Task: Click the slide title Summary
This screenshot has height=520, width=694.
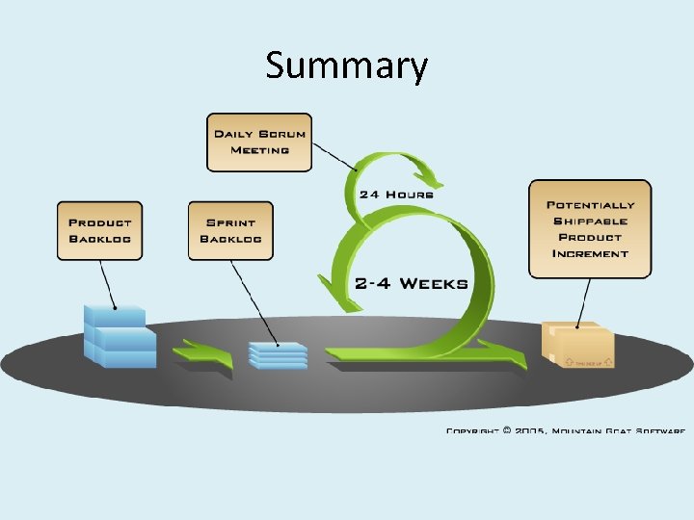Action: pyautogui.click(x=346, y=66)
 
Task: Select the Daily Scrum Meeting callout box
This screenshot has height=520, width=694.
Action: pyautogui.click(x=259, y=143)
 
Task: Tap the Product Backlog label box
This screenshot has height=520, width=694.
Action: pyautogui.click(x=99, y=230)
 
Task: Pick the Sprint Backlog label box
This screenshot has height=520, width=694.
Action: pyautogui.click(x=230, y=230)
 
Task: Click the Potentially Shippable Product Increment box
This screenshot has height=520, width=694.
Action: pyautogui.click(x=590, y=229)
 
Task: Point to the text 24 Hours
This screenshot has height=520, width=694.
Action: pyautogui.click(x=396, y=194)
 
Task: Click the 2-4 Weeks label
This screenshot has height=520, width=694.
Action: pyautogui.click(x=411, y=284)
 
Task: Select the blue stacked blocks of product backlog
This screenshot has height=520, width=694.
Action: pyautogui.click(x=120, y=336)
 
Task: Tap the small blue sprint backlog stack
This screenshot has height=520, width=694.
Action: pyautogui.click(x=278, y=353)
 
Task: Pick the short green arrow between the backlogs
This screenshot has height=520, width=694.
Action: pyautogui.click(x=204, y=354)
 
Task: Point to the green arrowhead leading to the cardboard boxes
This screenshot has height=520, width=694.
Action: pyautogui.click(x=511, y=357)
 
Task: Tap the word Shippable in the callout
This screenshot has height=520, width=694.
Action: pyautogui.click(x=591, y=221)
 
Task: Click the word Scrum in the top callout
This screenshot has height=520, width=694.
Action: pyautogui.click(x=280, y=134)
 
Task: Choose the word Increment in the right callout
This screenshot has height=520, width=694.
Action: pyautogui.click(x=590, y=253)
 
